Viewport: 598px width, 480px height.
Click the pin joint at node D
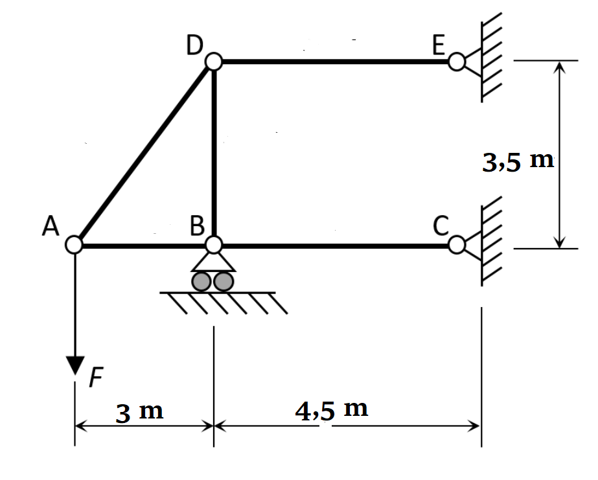(214, 62)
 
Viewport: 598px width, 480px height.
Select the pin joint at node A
(75, 245)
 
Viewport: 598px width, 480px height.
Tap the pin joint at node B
(214, 245)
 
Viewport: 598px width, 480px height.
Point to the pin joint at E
(456, 62)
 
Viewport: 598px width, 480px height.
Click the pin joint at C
(456, 245)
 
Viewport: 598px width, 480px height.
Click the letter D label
(194, 45)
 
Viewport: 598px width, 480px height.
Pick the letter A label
(50, 226)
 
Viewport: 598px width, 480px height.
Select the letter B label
(198, 226)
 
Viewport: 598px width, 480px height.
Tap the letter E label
(439, 45)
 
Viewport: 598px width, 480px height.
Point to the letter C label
(441, 226)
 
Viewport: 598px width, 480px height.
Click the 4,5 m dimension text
(332, 410)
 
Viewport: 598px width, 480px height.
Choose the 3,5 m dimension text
(518, 161)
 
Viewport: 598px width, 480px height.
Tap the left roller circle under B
(202, 281)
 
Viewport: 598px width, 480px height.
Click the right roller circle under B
(224, 281)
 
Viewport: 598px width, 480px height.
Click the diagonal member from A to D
(144, 154)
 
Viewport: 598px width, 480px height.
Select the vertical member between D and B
(214, 154)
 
